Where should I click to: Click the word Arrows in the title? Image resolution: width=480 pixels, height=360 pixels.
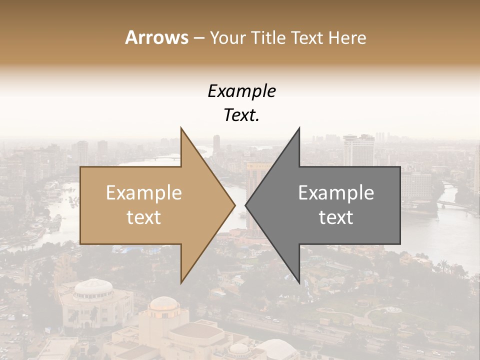tap(156, 37)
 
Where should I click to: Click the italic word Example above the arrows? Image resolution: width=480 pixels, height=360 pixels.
tap(241, 91)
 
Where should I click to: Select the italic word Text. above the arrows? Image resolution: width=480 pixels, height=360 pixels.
tap(241, 115)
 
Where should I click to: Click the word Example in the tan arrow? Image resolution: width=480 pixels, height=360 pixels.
tap(144, 193)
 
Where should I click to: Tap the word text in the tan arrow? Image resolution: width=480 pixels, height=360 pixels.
tap(144, 217)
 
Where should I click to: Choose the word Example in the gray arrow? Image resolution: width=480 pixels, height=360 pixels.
tap(336, 193)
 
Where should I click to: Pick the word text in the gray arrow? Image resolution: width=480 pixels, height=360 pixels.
tap(336, 217)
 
